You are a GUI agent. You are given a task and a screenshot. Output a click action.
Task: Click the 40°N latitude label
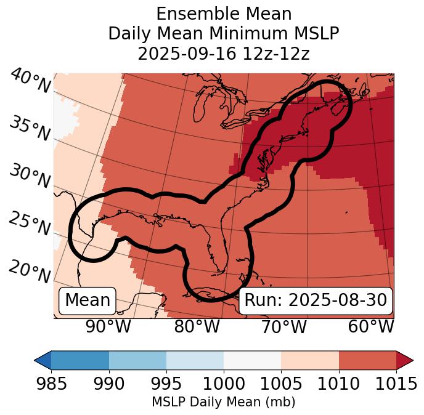coord(30,81)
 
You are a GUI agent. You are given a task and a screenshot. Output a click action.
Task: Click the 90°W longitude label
coord(108,327)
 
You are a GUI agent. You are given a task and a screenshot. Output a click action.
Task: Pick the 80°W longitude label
coord(197,327)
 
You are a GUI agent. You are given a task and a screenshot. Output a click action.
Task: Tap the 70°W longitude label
coord(283,327)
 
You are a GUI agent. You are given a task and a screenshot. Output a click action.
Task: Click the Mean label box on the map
coord(88,300)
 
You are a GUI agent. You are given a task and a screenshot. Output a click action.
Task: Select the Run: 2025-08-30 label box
coord(316,300)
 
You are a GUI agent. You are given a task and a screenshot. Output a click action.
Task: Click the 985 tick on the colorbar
coord(51,384)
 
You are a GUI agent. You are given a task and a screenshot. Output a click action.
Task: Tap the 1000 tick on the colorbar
coord(224,384)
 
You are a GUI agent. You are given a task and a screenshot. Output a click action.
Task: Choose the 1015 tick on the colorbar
coord(396,384)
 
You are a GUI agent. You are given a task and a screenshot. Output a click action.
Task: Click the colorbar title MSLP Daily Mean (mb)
coord(223,402)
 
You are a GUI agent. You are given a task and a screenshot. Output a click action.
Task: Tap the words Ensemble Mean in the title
coord(223,14)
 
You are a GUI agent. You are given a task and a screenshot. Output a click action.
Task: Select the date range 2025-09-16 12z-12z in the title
coord(223,54)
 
